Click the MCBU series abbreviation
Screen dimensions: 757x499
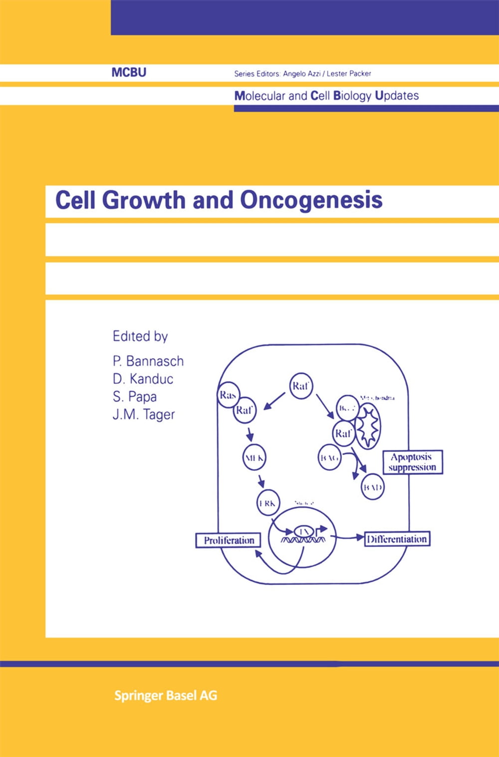pos(129,72)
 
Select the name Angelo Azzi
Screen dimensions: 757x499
pos(301,73)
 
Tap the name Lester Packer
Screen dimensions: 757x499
pos(349,73)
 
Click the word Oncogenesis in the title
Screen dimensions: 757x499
pos(311,200)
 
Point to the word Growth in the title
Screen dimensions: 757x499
pos(144,200)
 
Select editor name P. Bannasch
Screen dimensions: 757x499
pos(148,361)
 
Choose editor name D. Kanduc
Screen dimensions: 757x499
pos(143,379)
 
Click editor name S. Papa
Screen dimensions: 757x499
pos(135,396)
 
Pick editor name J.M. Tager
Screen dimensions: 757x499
pos(144,414)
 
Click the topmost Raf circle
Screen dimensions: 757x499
pos(301,386)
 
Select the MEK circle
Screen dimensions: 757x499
pos(254,457)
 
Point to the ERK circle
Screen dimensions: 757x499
pos(268,503)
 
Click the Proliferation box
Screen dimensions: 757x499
pos(229,540)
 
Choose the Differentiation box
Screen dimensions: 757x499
pos(397,539)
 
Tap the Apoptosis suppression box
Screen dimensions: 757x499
pos(412,462)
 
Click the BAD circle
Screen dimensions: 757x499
pos(372,487)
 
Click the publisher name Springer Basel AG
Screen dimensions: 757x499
pos(166,696)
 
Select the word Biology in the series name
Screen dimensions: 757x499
pos(352,96)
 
